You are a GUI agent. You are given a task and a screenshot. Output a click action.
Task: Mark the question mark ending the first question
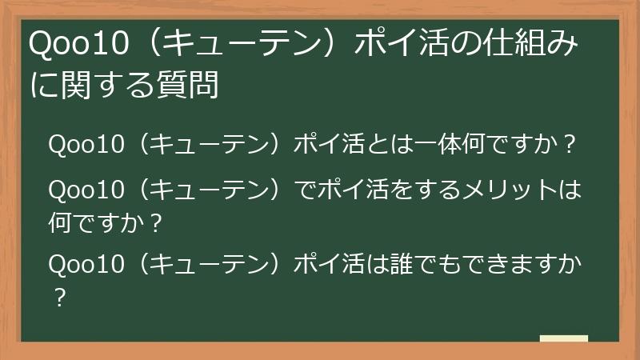(570, 146)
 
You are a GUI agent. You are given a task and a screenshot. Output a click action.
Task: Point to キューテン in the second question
(211, 192)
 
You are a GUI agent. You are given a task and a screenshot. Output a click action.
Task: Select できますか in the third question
(527, 265)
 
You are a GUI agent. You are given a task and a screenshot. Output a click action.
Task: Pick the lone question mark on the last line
(57, 296)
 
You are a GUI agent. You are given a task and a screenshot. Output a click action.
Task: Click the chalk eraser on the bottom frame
(563, 338)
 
